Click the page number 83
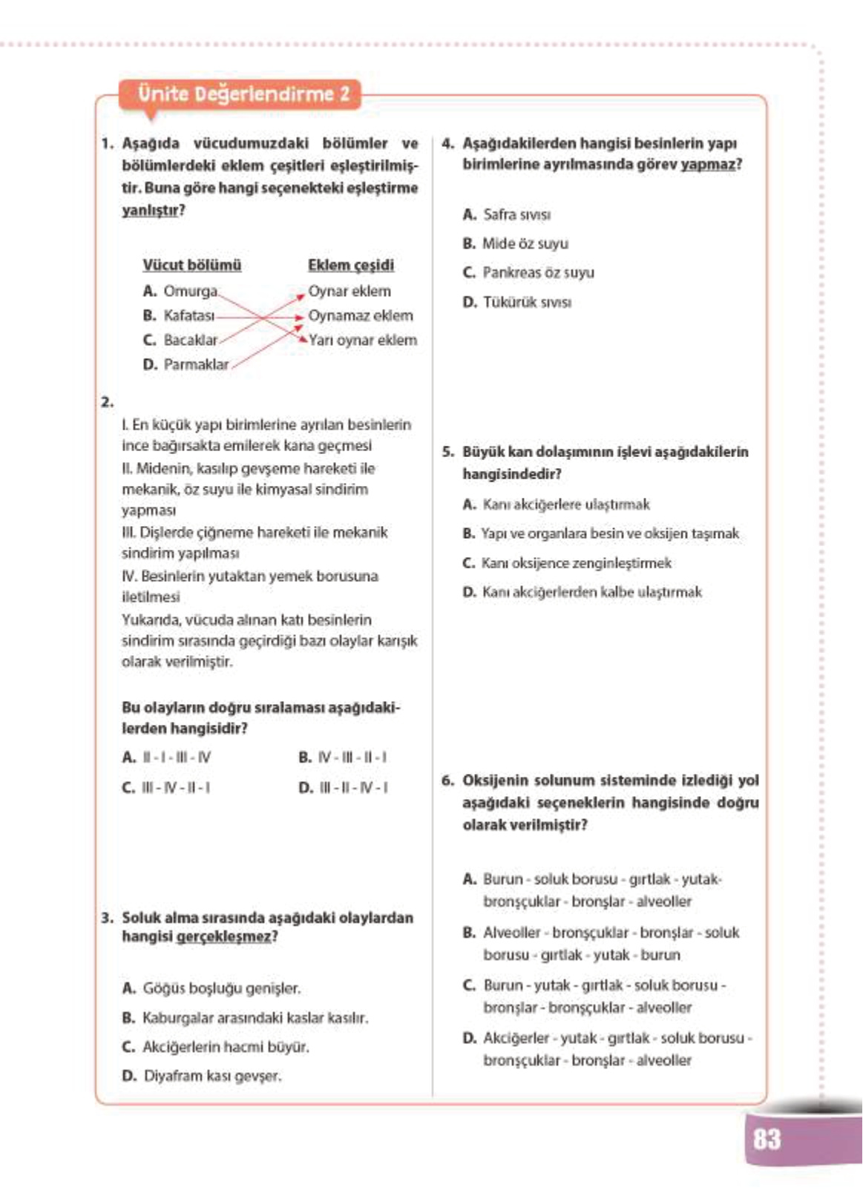click(x=767, y=1140)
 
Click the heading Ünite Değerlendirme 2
click(x=243, y=95)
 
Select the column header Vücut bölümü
click(x=191, y=266)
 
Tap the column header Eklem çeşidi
click(x=351, y=266)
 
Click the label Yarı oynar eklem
click(x=362, y=341)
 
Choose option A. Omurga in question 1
click(x=182, y=292)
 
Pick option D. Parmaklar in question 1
click(x=186, y=365)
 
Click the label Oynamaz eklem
click(x=361, y=316)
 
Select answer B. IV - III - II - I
click(x=343, y=758)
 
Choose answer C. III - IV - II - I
click(x=166, y=788)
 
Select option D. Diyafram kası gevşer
click(x=202, y=1077)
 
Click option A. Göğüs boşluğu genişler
click(x=211, y=989)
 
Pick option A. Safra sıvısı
click(x=507, y=215)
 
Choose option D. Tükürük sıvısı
click(x=517, y=303)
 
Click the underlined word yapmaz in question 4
click(x=708, y=165)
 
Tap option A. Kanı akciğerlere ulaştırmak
click(x=557, y=505)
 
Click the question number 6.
click(x=447, y=781)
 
